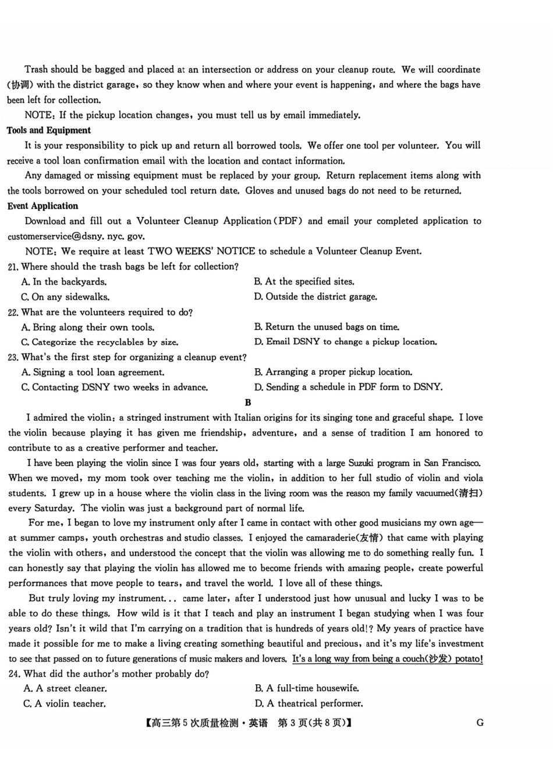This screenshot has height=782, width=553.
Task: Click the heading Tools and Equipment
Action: point(49,130)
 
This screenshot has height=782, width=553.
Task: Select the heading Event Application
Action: point(42,206)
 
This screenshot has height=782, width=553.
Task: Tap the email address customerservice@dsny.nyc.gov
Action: point(76,236)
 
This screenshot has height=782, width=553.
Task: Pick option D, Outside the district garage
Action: point(316,297)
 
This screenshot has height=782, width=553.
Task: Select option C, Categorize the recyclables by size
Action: point(100,342)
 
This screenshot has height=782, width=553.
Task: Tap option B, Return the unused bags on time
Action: point(327,327)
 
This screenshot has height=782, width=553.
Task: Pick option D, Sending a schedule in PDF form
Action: point(348,387)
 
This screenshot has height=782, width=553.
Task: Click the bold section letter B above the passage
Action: point(248,403)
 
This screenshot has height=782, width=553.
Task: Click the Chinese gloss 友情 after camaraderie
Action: point(371,538)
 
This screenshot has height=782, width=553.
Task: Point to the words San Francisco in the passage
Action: point(452,463)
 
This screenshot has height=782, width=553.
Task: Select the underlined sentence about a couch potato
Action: point(387,659)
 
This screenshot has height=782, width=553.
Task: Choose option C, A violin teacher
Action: point(65,703)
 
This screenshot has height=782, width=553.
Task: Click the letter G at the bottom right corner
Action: point(480,723)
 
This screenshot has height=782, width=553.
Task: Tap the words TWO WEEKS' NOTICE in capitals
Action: point(201,251)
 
